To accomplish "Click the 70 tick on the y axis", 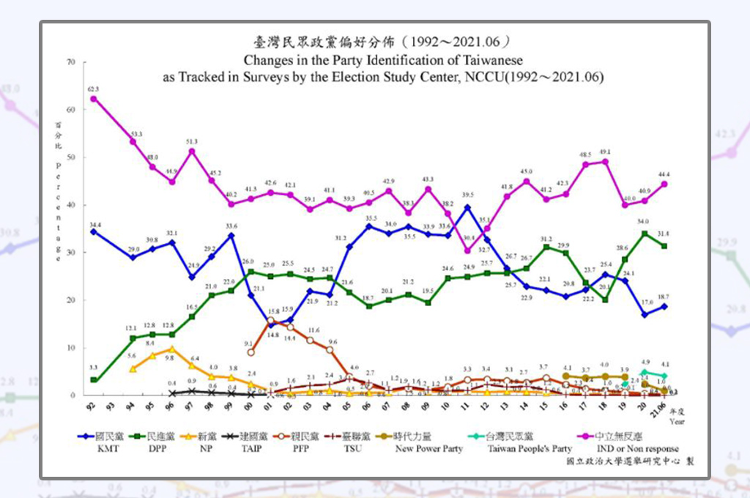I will [71, 62].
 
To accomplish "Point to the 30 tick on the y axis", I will [71, 252].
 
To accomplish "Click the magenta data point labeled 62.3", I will [94, 99].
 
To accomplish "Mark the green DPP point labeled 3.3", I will [94, 380].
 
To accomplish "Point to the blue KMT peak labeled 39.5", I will [467, 208].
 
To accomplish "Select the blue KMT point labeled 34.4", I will [94, 231].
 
